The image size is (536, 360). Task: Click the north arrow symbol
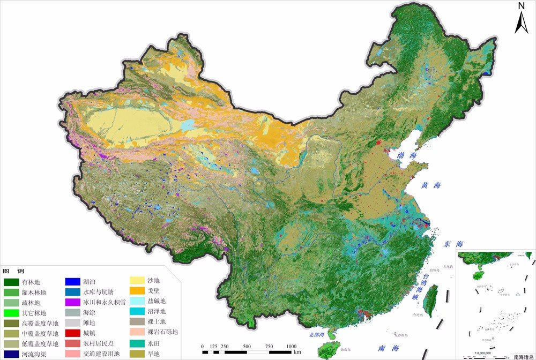click(x=521, y=22)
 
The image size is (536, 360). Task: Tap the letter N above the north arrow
click(x=521, y=6)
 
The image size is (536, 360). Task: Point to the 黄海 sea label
click(x=430, y=185)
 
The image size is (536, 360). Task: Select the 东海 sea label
click(x=450, y=244)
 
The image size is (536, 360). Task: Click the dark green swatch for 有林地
click(x=11, y=282)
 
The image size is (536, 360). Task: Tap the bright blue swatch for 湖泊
click(x=72, y=282)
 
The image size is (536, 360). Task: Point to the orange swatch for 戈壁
click(x=138, y=290)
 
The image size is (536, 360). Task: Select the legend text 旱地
click(x=154, y=354)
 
